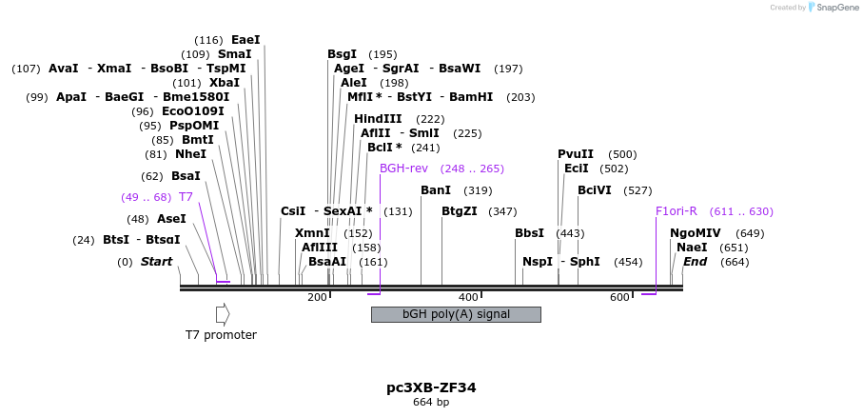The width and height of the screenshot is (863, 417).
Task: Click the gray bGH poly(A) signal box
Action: click(x=456, y=314)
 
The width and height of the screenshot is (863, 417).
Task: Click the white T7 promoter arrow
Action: click(x=223, y=314)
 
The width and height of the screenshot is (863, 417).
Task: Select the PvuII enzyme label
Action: click(x=576, y=154)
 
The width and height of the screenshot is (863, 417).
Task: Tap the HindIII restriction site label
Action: click(x=378, y=119)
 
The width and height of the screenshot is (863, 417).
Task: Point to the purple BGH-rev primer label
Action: click(x=404, y=169)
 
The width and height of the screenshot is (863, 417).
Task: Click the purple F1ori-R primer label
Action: click(x=677, y=211)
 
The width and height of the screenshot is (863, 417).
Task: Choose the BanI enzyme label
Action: click(x=436, y=190)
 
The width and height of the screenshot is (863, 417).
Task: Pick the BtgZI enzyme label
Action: click(x=460, y=211)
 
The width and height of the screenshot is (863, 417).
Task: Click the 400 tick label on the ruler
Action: click(x=468, y=298)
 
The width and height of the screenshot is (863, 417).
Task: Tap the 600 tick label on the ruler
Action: click(x=619, y=298)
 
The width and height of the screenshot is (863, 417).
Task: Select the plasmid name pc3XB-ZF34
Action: click(x=431, y=387)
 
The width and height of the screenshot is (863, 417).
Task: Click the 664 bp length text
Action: click(x=431, y=402)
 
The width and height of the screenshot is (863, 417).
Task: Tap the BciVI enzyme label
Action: click(x=595, y=190)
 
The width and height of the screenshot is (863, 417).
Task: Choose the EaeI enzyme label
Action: click(x=245, y=40)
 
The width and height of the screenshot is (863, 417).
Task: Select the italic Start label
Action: click(x=157, y=262)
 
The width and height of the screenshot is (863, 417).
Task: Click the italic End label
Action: click(x=696, y=262)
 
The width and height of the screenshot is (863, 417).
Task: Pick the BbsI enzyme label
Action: click(x=529, y=233)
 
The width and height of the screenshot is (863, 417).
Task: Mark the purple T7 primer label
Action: click(x=186, y=197)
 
